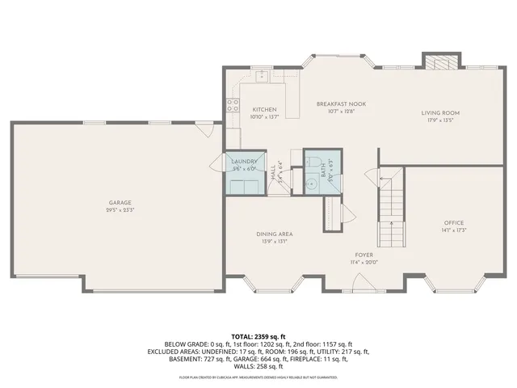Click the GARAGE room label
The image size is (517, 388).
(120, 203)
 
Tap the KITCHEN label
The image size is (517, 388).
(264, 110)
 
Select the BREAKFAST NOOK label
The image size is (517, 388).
(336, 104)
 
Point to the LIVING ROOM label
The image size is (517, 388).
(440, 113)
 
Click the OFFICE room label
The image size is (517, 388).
(453, 223)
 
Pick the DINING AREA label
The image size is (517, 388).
(274, 234)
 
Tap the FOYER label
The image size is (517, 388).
(364, 255)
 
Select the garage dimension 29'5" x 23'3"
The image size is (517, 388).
(120, 210)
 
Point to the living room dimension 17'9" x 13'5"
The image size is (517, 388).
(440, 120)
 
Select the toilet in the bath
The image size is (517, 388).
(314, 158)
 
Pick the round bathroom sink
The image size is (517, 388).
(311, 183)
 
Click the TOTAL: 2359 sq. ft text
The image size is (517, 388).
(258, 335)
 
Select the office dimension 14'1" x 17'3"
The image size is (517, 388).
(453, 230)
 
